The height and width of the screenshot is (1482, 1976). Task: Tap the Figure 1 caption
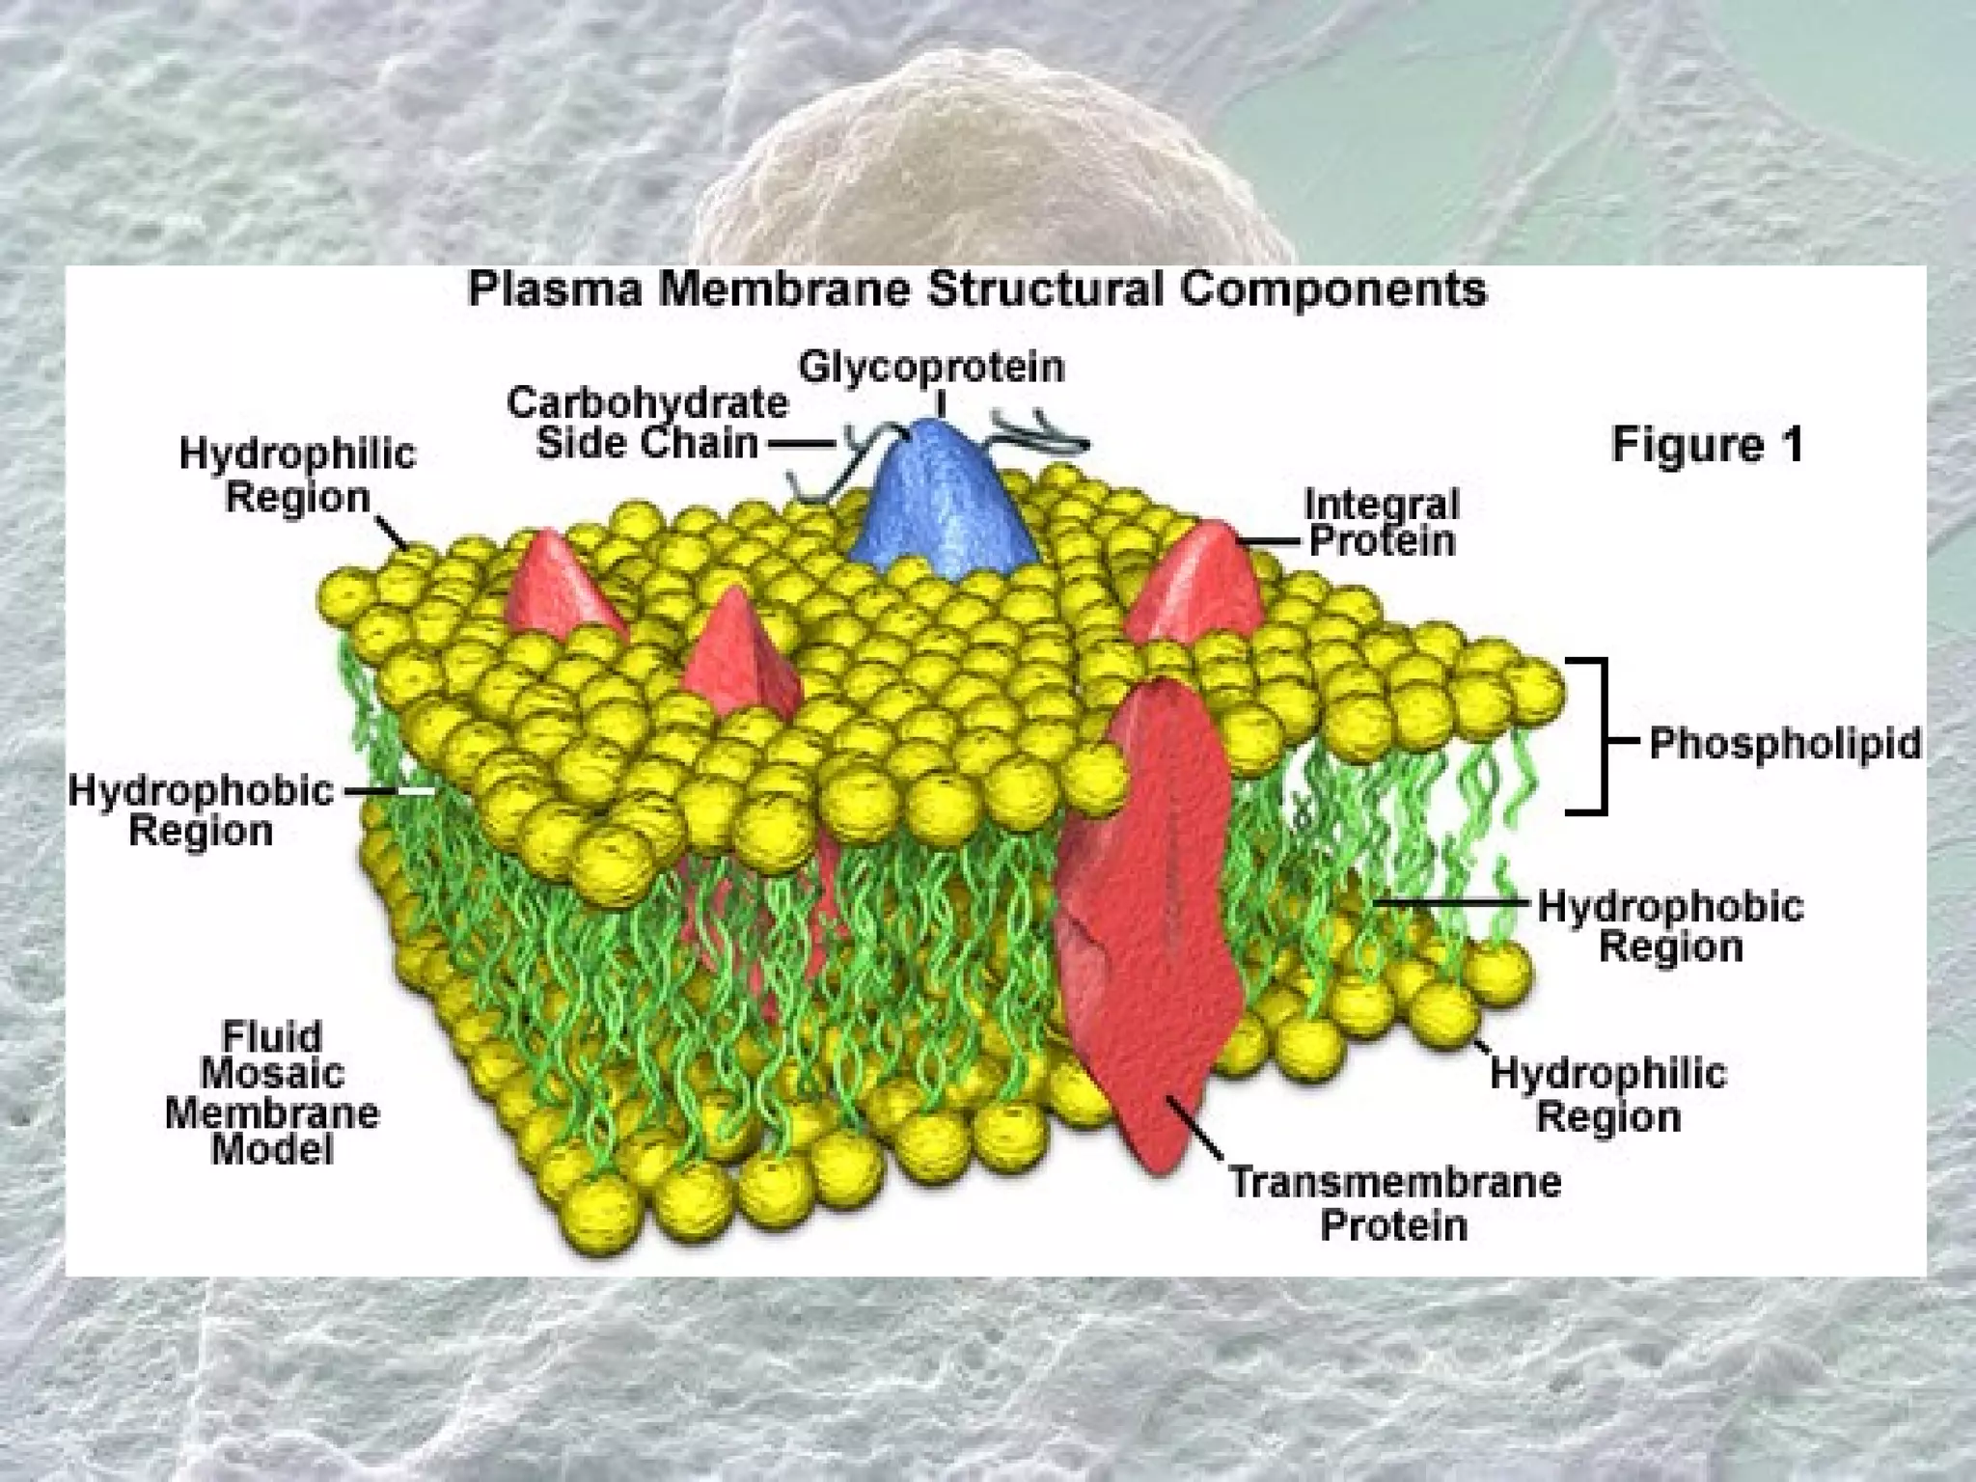pyautogui.click(x=1707, y=445)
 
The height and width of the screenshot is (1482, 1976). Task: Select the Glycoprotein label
pyautogui.click(x=931, y=368)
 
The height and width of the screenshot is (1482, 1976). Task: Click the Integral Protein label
pyautogui.click(x=1381, y=522)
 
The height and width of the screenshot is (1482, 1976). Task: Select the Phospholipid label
pyautogui.click(x=1784, y=744)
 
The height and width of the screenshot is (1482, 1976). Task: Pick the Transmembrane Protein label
pyautogui.click(x=1394, y=1203)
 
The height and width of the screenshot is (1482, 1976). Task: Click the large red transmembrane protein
pyautogui.click(x=1148, y=926)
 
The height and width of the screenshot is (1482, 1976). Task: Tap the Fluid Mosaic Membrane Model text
pyautogui.click(x=272, y=1093)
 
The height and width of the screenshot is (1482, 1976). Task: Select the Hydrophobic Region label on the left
pyautogui.click(x=201, y=810)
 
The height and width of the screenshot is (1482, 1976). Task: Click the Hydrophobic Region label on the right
pyautogui.click(x=1670, y=926)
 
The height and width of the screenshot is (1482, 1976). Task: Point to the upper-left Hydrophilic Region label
pyautogui.click(x=297, y=476)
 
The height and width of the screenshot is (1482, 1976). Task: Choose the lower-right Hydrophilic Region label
pyautogui.click(x=1608, y=1094)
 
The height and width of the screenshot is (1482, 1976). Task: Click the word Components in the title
pyautogui.click(x=1333, y=289)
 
